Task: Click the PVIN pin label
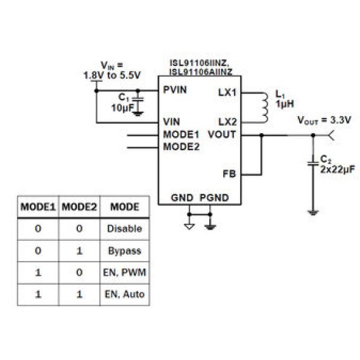pos(175,90)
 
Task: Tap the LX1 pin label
pos(228,93)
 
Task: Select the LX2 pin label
pos(228,122)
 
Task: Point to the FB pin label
pos(229,174)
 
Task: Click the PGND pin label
pos(214,198)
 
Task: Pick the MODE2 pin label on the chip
pos(181,146)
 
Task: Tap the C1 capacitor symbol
pos(138,100)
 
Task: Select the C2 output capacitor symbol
pos(313,164)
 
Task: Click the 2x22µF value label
pos(337,169)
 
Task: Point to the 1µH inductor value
pos(285,104)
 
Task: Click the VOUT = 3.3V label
pos(324,120)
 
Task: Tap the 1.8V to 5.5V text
pos(112,75)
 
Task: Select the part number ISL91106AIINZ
pos(201,72)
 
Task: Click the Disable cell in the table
pos(125,229)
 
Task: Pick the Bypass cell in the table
pos(125,251)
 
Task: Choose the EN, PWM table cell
pos(125,273)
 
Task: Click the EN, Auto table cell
pos(125,294)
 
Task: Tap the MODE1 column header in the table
pos(38,207)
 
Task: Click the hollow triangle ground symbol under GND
pos(189,227)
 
